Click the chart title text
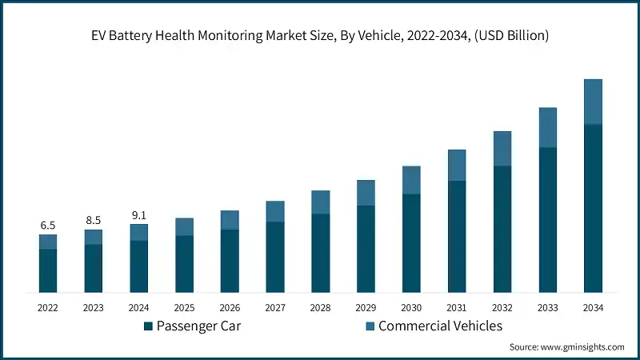(320, 35)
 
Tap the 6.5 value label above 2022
(48, 226)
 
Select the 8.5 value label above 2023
(94, 220)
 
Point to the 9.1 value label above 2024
(139, 215)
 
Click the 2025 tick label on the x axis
(184, 307)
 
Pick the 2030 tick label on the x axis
(411, 307)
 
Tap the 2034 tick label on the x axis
(593, 307)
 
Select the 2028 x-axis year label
(320, 307)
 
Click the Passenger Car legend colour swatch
(148, 326)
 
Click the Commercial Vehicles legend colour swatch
(369, 326)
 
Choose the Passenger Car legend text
(198, 326)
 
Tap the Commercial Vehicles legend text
(440, 326)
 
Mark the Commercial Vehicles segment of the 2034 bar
(593, 102)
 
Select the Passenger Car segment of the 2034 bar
(593, 208)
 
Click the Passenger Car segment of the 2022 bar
(48, 270)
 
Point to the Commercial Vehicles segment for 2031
(457, 165)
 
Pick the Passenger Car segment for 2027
(275, 256)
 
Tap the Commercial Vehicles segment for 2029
(366, 193)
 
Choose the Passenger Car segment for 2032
(502, 229)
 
